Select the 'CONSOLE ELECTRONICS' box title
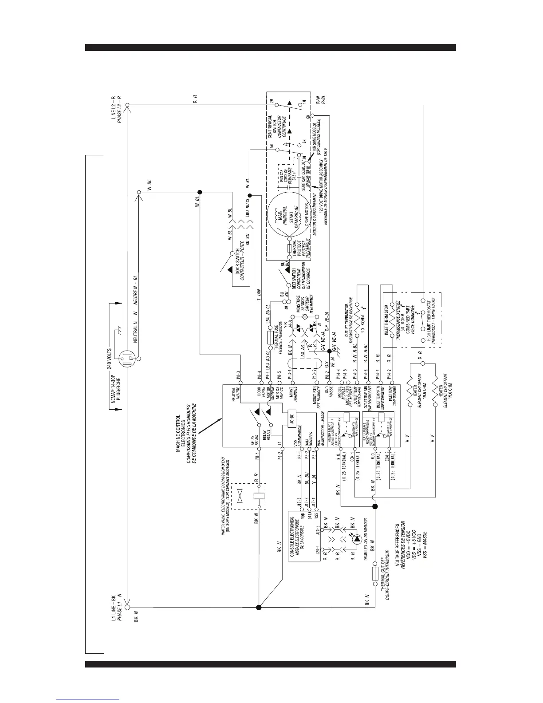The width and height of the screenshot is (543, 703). tap(291, 539)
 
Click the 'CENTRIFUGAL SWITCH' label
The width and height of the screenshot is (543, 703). tap(271, 129)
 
